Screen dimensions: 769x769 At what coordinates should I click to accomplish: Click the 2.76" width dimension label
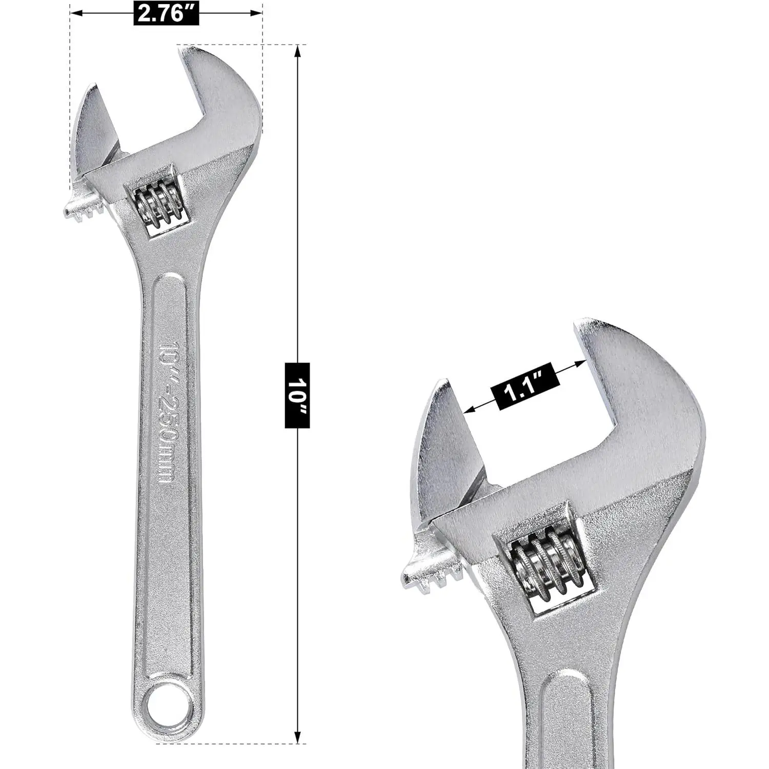[x=166, y=13]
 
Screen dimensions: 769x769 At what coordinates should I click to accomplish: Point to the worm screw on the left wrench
[x=156, y=205]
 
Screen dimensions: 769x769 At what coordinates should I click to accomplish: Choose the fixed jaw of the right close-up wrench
[x=651, y=390]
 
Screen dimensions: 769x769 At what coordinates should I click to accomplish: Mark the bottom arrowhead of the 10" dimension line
[x=297, y=738]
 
